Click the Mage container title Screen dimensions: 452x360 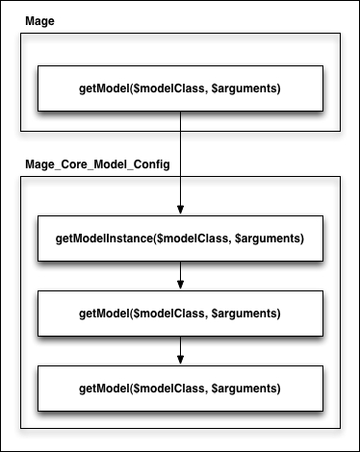coord(38,18)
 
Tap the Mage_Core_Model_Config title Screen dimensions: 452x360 coord(96,164)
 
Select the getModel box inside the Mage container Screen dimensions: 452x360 coord(180,88)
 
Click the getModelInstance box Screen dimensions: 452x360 coord(180,238)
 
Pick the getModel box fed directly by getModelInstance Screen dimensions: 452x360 coord(180,314)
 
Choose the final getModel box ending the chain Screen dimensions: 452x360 coord(180,389)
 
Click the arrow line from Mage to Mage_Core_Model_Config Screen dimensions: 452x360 coord(180,154)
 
